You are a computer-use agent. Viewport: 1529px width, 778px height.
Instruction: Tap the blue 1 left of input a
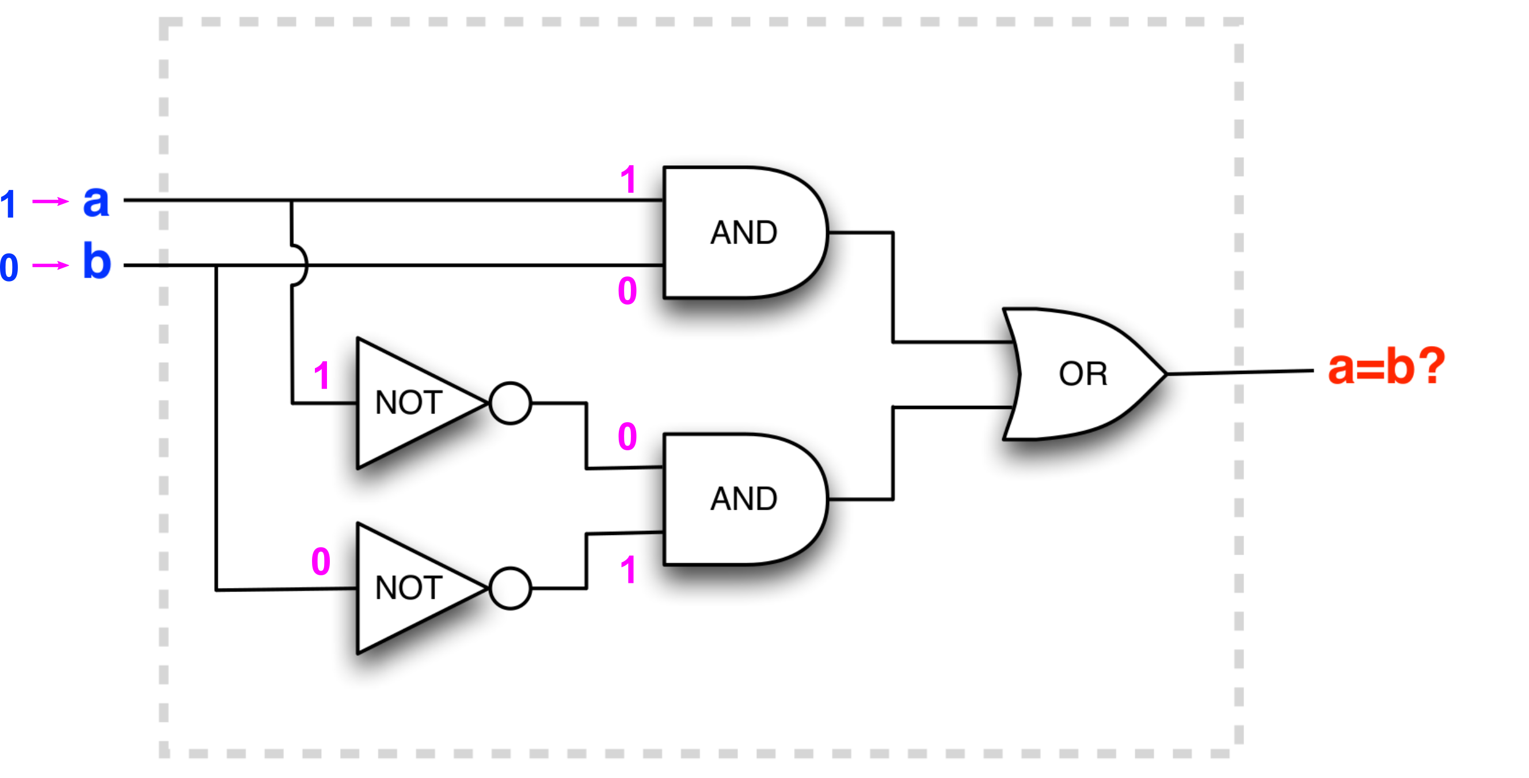[8, 204]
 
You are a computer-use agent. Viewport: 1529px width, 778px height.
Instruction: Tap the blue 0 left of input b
[9, 267]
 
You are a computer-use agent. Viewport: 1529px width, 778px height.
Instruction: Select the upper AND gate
[743, 232]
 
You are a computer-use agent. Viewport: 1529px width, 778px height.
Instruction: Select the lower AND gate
[743, 499]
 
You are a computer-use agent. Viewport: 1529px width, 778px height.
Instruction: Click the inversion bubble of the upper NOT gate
[510, 403]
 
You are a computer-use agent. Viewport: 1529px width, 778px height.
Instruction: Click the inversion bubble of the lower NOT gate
[510, 588]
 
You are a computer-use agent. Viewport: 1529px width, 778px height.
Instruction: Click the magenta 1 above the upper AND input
[628, 179]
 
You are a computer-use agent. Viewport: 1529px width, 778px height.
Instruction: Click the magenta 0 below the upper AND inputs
[627, 290]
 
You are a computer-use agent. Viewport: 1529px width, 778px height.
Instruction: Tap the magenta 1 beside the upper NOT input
[322, 375]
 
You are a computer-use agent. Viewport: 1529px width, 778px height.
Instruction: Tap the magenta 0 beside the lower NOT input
[321, 561]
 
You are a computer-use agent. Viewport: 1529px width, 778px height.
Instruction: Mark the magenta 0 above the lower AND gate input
[627, 437]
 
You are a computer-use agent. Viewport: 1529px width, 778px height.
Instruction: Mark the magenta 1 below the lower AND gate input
[628, 570]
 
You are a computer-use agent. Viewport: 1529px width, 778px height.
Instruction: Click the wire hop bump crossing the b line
[302, 265]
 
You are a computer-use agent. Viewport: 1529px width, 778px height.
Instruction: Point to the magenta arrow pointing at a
[50, 202]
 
